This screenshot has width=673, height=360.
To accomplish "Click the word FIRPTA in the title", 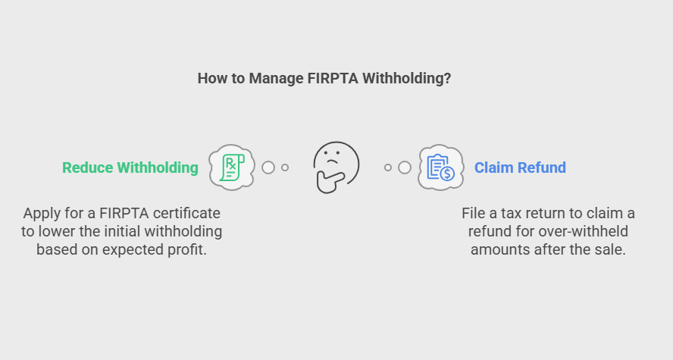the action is click(333, 79).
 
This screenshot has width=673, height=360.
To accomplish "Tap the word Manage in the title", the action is click(276, 79).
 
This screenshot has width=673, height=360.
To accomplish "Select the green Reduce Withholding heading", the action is click(130, 167).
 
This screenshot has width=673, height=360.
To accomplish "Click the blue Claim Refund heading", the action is click(520, 167).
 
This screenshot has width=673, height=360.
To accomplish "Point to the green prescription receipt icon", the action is click(232, 167).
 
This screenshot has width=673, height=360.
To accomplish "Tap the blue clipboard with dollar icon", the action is click(441, 167).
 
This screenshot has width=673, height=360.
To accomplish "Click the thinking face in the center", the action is click(336, 167).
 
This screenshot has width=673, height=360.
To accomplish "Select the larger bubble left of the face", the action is click(268, 167).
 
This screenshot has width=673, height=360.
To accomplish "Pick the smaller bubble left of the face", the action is click(285, 167).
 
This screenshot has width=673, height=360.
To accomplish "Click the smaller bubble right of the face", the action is click(388, 167).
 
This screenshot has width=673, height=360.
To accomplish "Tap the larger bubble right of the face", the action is click(405, 167).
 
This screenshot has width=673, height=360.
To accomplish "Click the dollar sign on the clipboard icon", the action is click(448, 174).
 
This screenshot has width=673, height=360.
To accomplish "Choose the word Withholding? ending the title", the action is click(406, 79).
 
